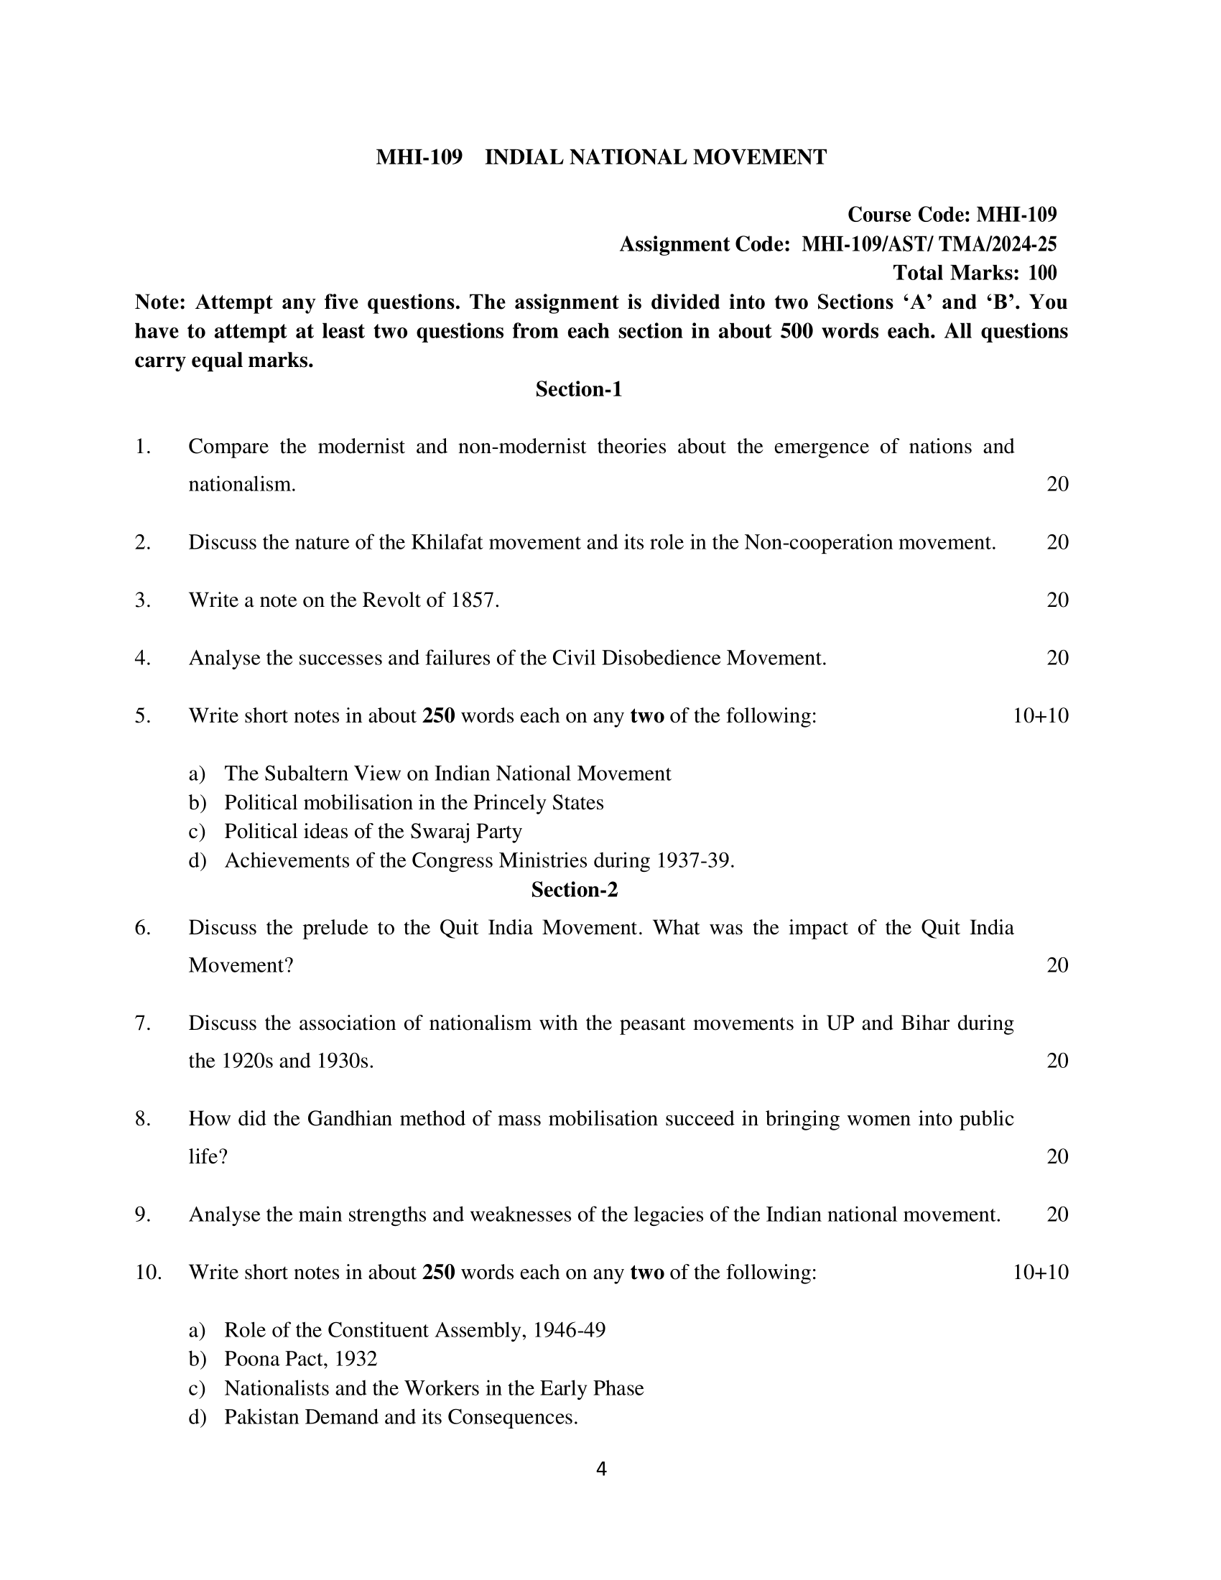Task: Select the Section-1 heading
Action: coord(579,389)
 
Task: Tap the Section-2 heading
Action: coord(575,890)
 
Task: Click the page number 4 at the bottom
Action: coord(601,1469)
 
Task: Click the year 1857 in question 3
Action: coord(474,600)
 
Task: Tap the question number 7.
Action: coord(142,1023)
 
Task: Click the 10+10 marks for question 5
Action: coord(1040,715)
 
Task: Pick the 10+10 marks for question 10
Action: coord(1040,1272)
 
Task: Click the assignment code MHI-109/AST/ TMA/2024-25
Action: coord(929,244)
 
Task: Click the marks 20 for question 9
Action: coord(1057,1214)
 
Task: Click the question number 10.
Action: coord(148,1272)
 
